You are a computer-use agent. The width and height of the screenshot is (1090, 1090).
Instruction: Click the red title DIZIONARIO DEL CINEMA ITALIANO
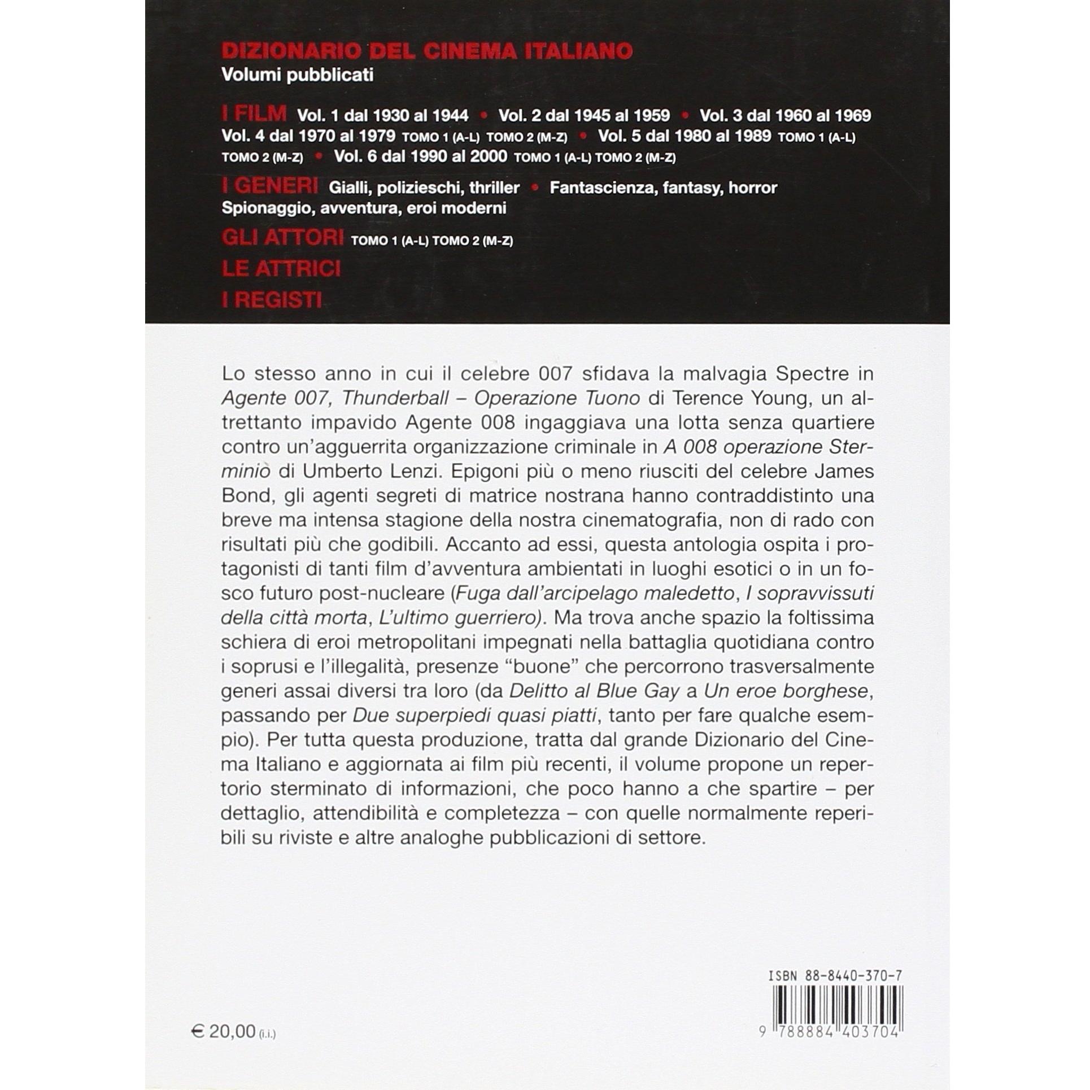coord(427,51)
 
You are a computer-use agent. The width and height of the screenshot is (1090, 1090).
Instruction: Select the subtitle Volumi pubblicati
coord(298,75)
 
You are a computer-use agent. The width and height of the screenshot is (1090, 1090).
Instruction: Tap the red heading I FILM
coord(254,114)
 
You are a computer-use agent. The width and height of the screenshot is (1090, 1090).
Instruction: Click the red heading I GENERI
coord(270,186)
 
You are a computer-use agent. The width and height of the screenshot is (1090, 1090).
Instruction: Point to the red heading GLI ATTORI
coord(282,238)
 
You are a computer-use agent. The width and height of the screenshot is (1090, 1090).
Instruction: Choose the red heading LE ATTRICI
coord(281,269)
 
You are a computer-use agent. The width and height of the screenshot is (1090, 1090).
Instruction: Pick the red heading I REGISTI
coord(272,300)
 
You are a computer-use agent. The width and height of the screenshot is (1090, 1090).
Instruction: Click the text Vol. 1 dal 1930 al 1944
coord(383,116)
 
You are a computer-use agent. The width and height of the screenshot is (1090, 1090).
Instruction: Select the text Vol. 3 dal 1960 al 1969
coord(785,116)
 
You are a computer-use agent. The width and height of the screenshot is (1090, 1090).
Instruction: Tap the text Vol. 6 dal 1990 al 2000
coord(421,156)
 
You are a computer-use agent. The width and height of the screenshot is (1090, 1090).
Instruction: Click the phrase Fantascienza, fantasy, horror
coord(663,188)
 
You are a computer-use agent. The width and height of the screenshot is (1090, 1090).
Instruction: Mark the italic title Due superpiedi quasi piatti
coord(474,716)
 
